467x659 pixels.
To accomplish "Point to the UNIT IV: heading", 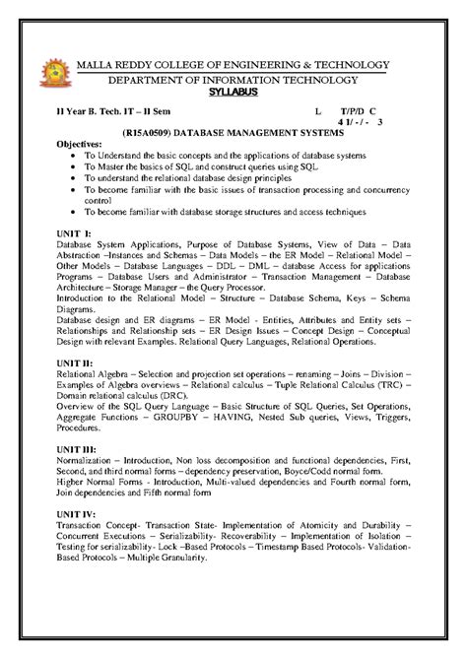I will (78, 513).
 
